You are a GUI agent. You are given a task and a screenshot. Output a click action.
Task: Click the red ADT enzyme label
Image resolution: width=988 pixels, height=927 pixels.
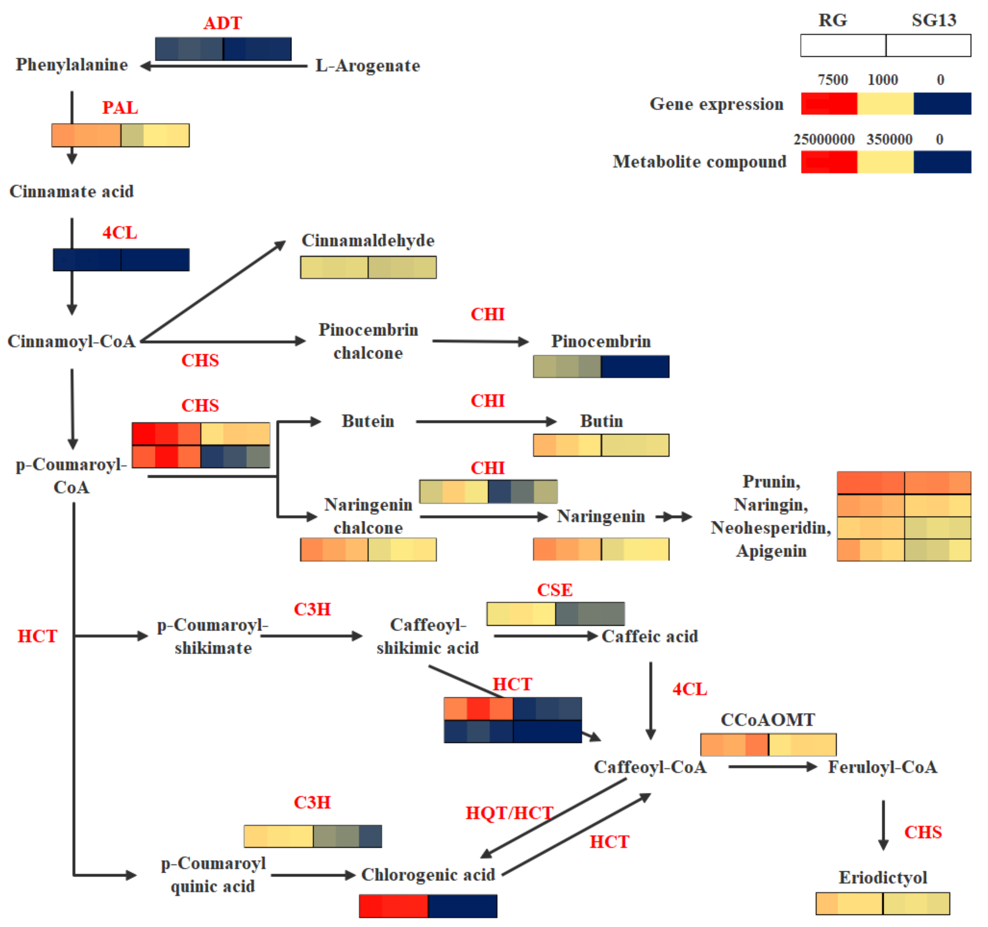click(223, 23)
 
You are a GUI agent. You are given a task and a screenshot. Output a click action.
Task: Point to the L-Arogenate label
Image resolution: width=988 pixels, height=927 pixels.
click(368, 66)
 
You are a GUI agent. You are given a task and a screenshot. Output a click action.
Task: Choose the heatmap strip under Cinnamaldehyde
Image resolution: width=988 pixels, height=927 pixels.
click(368, 267)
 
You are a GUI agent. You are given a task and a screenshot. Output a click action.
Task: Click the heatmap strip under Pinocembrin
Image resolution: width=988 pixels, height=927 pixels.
click(601, 367)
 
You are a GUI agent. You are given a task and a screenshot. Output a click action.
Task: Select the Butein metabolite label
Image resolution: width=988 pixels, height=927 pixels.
click(368, 421)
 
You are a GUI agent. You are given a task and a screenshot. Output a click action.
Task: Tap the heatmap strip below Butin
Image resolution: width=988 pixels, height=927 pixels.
click(601, 445)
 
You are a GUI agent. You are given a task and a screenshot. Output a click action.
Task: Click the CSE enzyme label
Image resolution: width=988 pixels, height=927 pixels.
click(555, 590)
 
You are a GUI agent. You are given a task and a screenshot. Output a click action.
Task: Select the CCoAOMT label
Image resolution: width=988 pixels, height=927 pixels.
click(768, 720)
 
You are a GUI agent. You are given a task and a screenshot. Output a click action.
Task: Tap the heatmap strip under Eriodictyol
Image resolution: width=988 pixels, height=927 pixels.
click(883, 904)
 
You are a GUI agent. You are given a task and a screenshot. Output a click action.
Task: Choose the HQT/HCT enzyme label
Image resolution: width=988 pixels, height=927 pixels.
click(509, 813)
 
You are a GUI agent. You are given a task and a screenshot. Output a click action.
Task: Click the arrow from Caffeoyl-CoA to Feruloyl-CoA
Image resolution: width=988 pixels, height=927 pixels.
click(772, 767)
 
